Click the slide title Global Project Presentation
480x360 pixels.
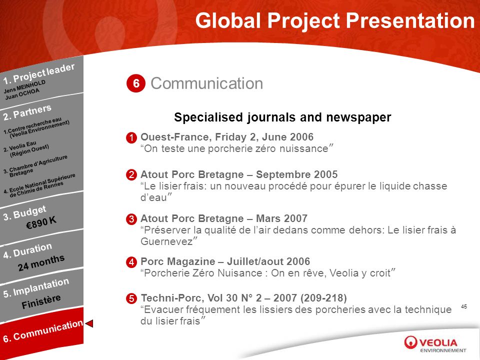click(x=335, y=21)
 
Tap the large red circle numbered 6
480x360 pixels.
click(x=136, y=83)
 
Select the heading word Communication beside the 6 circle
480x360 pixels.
click(x=206, y=83)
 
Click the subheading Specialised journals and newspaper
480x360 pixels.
click(x=282, y=117)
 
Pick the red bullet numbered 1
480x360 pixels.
click(x=131, y=138)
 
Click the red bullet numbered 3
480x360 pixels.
click(x=131, y=219)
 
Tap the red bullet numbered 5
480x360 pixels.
click(x=131, y=298)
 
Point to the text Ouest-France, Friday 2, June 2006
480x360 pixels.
click(x=227, y=137)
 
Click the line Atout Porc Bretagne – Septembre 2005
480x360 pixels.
click(x=239, y=174)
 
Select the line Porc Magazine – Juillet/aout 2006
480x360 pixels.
click(x=225, y=261)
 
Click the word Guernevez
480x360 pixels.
click(x=166, y=241)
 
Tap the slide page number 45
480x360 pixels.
click(x=464, y=306)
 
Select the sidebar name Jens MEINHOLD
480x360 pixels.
click(x=24, y=86)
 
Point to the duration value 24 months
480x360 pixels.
click(x=41, y=263)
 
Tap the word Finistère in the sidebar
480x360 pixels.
click(x=41, y=301)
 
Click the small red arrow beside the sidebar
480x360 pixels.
click(x=89, y=323)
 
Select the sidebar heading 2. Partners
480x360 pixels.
click(x=27, y=112)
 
